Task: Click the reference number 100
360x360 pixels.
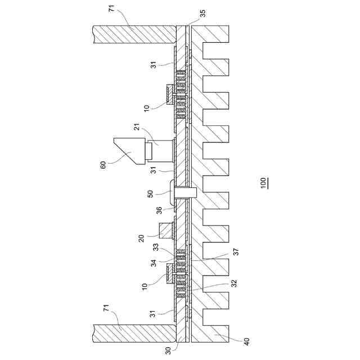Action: click(x=263, y=183)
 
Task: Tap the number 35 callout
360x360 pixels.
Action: click(x=202, y=13)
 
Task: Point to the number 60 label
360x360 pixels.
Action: click(x=103, y=165)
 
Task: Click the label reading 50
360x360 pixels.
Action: click(x=150, y=194)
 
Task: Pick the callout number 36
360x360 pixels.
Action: click(x=159, y=210)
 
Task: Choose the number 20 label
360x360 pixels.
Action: click(x=142, y=238)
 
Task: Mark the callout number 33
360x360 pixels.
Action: click(x=156, y=247)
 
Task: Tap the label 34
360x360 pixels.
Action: click(x=154, y=263)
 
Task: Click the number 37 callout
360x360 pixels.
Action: click(x=236, y=252)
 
